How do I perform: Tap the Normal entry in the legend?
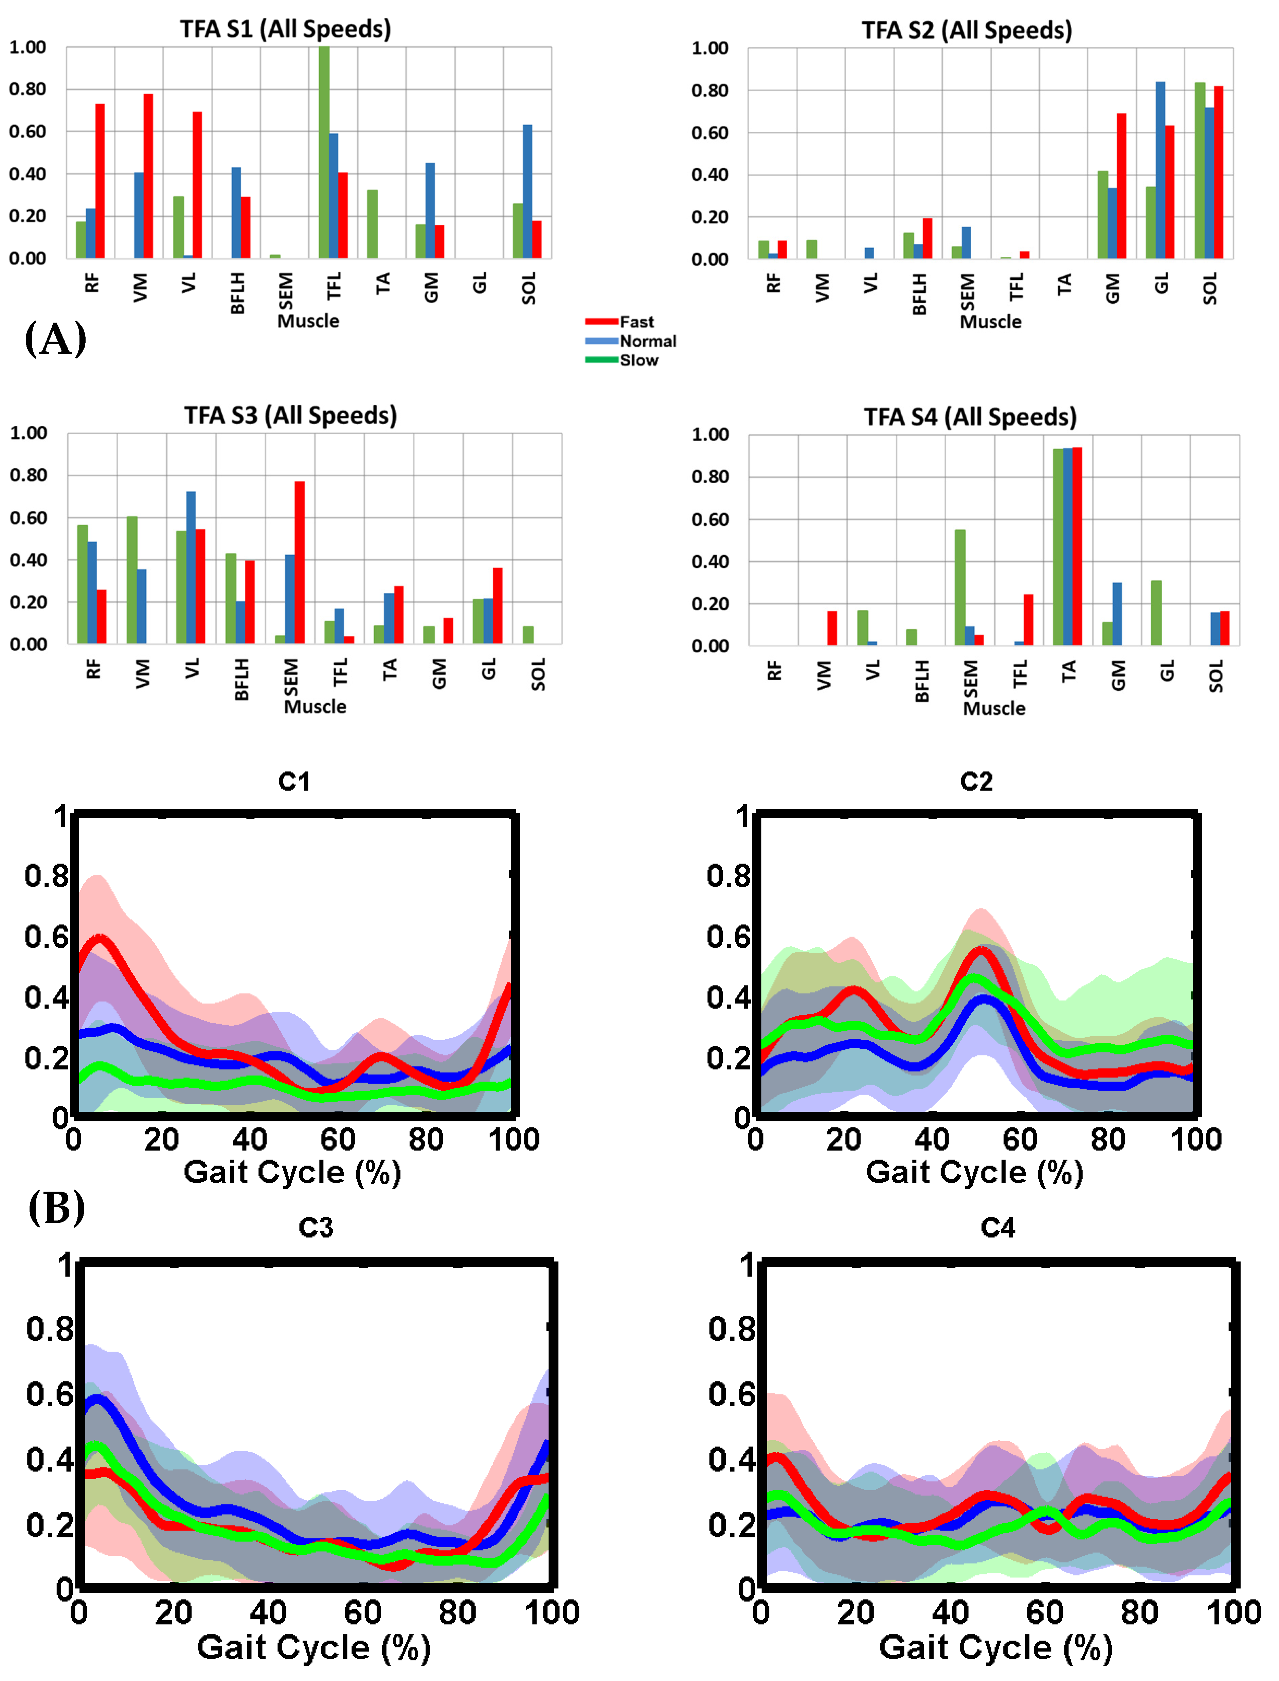click(x=647, y=341)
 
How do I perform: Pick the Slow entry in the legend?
click(x=638, y=360)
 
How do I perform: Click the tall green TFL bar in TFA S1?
click(x=324, y=152)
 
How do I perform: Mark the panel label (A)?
click(x=56, y=339)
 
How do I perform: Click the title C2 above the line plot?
click(x=976, y=781)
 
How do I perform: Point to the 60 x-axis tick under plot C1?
click(x=337, y=1140)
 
